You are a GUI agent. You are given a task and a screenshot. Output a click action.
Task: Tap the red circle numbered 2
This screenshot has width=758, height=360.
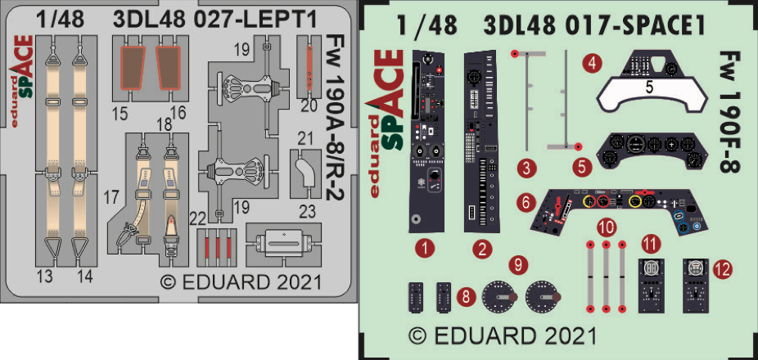(x=483, y=248)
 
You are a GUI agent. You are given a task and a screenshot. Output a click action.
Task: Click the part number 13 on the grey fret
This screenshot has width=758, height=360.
(x=47, y=277)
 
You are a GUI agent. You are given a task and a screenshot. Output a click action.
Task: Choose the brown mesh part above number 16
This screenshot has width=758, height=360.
(x=169, y=68)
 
